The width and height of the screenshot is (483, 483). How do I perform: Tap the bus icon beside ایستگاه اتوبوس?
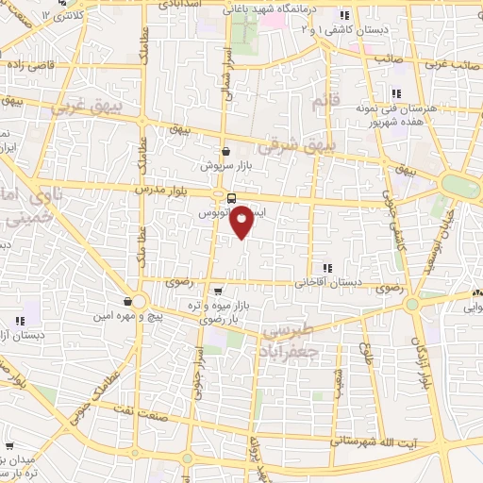pyautogui.click(x=231, y=197)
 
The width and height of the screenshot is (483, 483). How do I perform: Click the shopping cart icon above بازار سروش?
pyautogui.click(x=225, y=150)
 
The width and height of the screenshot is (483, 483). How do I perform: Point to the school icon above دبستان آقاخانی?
pyautogui.click(x=327, y=268)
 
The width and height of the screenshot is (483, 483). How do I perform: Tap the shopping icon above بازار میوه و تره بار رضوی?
pyautogui.click(x=219, y=291)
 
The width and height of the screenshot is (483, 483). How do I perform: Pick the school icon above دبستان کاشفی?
pyautogui.click(x=344, y=15)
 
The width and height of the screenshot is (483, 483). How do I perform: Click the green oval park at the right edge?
pyautogui.click(x=458, y=185)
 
